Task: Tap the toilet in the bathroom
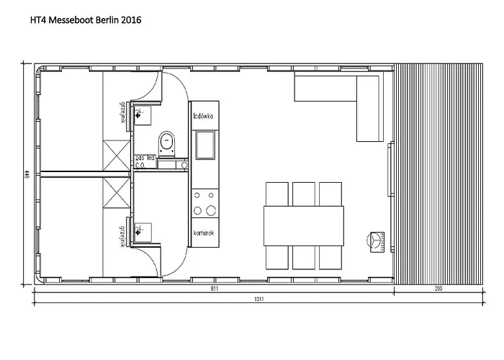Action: click(167, 143)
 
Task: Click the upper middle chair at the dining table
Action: click(304, 194)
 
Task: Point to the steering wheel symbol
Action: click(374, 240)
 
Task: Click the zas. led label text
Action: click(146, 157)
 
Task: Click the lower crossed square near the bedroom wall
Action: click(115, 192)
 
